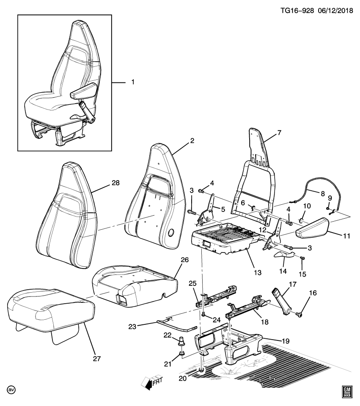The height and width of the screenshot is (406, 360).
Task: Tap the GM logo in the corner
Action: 347,392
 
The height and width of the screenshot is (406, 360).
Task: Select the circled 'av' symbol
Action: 9,389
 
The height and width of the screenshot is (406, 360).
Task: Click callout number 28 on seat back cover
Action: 115,183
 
